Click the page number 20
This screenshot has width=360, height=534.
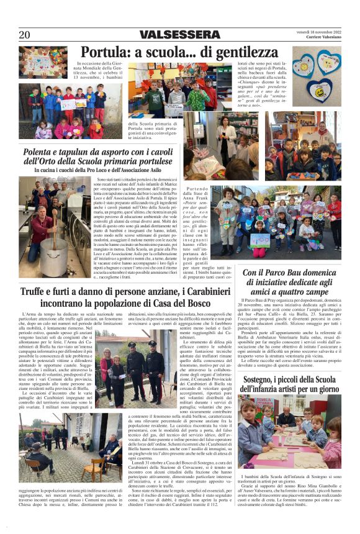pyautogui.click(x=24, y=35)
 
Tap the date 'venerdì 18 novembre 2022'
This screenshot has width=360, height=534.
pyautogui.click(x=318, y=31)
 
